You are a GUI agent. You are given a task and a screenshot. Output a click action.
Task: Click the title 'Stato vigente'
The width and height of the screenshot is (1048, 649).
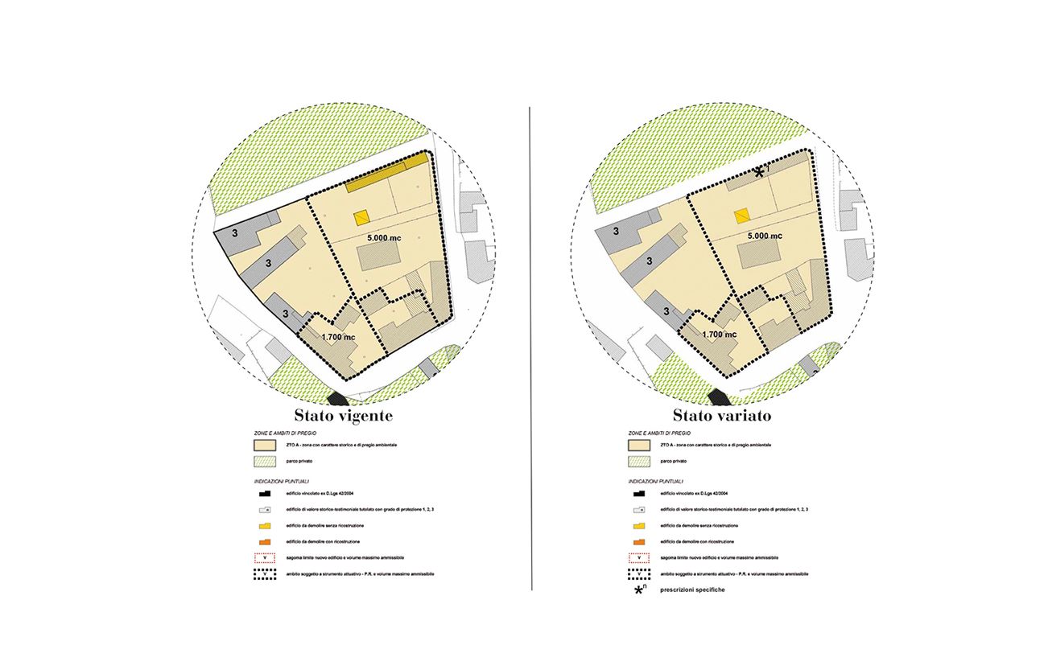[343, 417]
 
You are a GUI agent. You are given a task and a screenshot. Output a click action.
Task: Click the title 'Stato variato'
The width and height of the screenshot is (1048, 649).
[722, 417]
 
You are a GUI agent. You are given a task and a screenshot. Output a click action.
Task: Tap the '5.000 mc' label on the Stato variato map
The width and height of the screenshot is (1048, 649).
[764, 236]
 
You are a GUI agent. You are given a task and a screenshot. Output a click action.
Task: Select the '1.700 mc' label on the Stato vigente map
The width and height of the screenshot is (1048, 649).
[338, 338]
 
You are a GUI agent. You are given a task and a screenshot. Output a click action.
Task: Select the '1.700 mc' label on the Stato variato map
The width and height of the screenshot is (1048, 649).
[720, 335]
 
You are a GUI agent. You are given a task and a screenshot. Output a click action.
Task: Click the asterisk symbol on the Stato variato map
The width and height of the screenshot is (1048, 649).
[759, 172]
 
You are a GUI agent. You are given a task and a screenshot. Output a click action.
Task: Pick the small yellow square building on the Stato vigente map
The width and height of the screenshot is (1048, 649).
[361, 217]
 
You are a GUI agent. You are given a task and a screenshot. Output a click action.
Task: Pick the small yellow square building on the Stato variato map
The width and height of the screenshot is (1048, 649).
[742, 215]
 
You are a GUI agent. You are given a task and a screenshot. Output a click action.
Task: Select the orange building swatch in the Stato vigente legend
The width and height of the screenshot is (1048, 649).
[264, 541]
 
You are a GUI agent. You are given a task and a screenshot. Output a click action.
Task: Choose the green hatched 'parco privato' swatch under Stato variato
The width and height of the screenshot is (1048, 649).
[639, 462]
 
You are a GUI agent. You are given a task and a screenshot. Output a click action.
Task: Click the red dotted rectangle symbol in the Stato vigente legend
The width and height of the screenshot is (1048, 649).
[264, 557]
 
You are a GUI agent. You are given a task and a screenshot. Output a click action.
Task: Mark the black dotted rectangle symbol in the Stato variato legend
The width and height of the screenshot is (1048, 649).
[640, 574]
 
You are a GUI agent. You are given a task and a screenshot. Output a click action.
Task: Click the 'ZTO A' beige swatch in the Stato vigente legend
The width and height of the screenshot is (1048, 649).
[264, 445]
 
